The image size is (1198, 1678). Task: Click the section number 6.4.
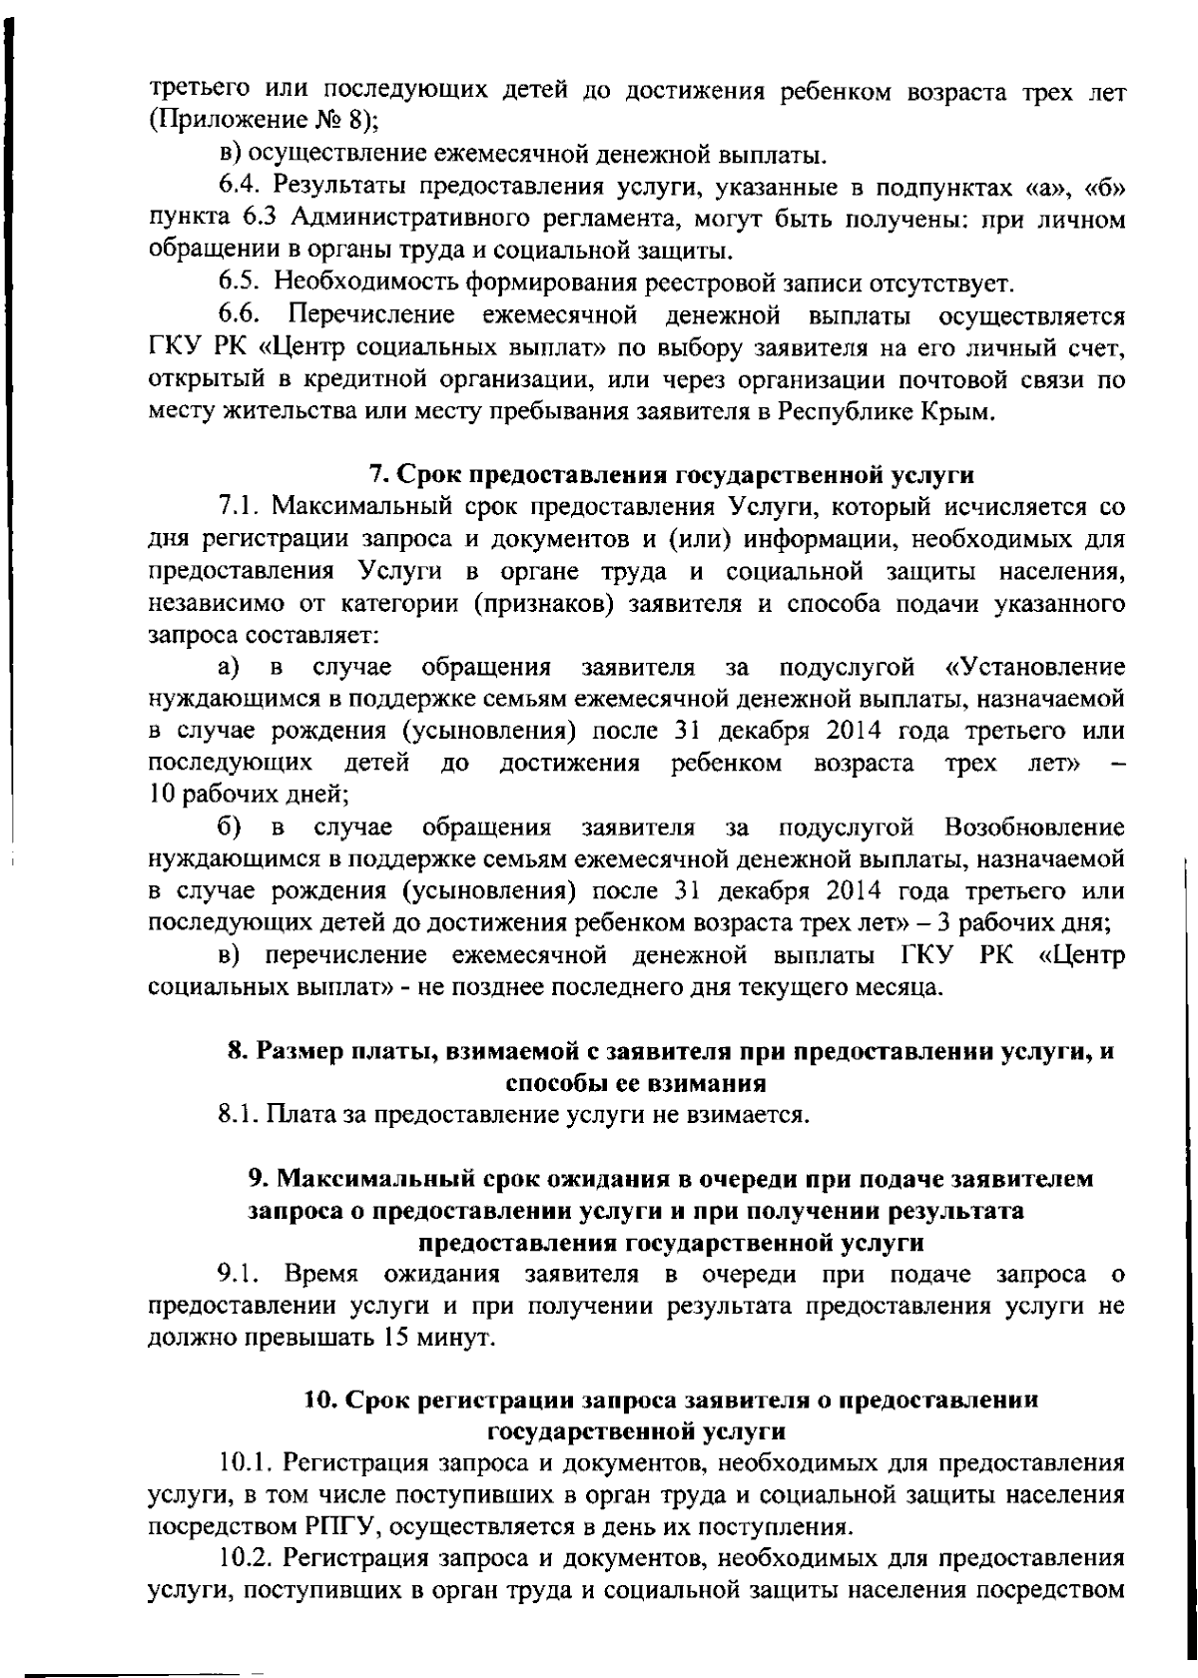pyautogui.click(x=240, y=187)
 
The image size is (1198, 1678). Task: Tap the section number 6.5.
pyautogui.click(x=240, y=283)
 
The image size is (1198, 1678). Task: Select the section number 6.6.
pyautogui.click(x=240, y=316)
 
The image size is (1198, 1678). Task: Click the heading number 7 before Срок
pyautogui.click(x=377, y=473)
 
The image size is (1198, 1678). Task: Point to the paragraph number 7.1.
pyautogui.click(x=240, y=506)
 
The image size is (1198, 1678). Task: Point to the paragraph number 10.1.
pyautogui.click(x=246, y=1464)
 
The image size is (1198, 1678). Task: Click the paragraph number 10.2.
pyautogui.click(x=246, y=1559)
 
